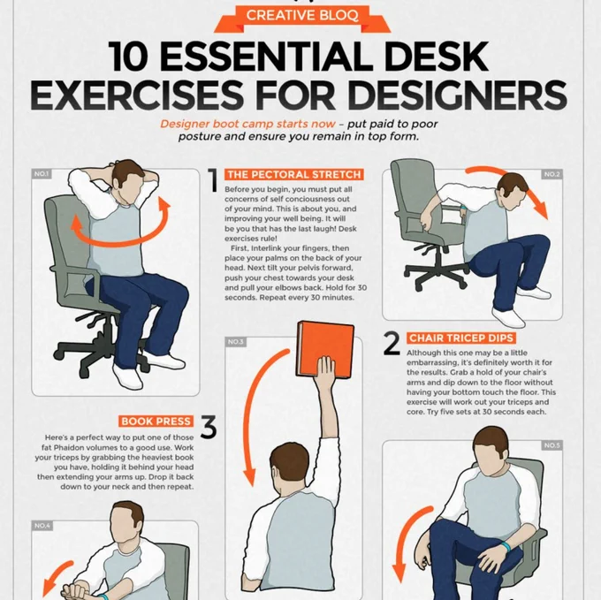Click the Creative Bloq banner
(x=302, y=18)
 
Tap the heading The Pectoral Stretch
(x=294, y=175)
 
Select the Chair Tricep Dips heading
(x=461, y=338)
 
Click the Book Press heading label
(x=156, y=422)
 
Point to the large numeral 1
(x=213, y=179)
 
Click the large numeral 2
(x=392, y=343)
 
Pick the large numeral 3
(x=208, y=427)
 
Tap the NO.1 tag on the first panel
(x=42, y=174)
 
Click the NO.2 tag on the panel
(x=552, y=174)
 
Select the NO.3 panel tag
(x=236, y=342)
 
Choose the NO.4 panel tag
(x=42, y=526)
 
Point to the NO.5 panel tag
(x=552, y=445)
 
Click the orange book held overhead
(x=325, y=349)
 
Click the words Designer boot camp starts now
(x=247, y=124)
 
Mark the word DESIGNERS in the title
(x=458, y=95)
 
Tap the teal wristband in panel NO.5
(x=506, y=546)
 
